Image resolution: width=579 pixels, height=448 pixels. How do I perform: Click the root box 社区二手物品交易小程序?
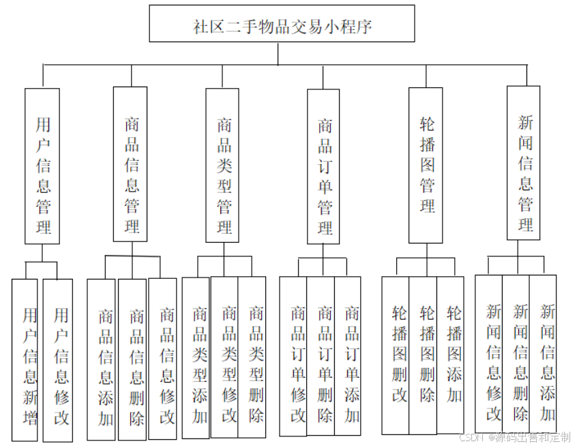click(282, 26)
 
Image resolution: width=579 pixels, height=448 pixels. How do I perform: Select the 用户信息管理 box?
click(42, 166)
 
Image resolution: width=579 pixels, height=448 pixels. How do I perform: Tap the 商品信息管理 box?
click(130, 164)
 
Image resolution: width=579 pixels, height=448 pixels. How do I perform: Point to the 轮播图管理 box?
click(426, 165)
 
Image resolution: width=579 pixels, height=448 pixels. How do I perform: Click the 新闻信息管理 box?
click(524, 163)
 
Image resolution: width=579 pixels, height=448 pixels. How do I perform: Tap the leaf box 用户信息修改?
click(58, 361)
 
